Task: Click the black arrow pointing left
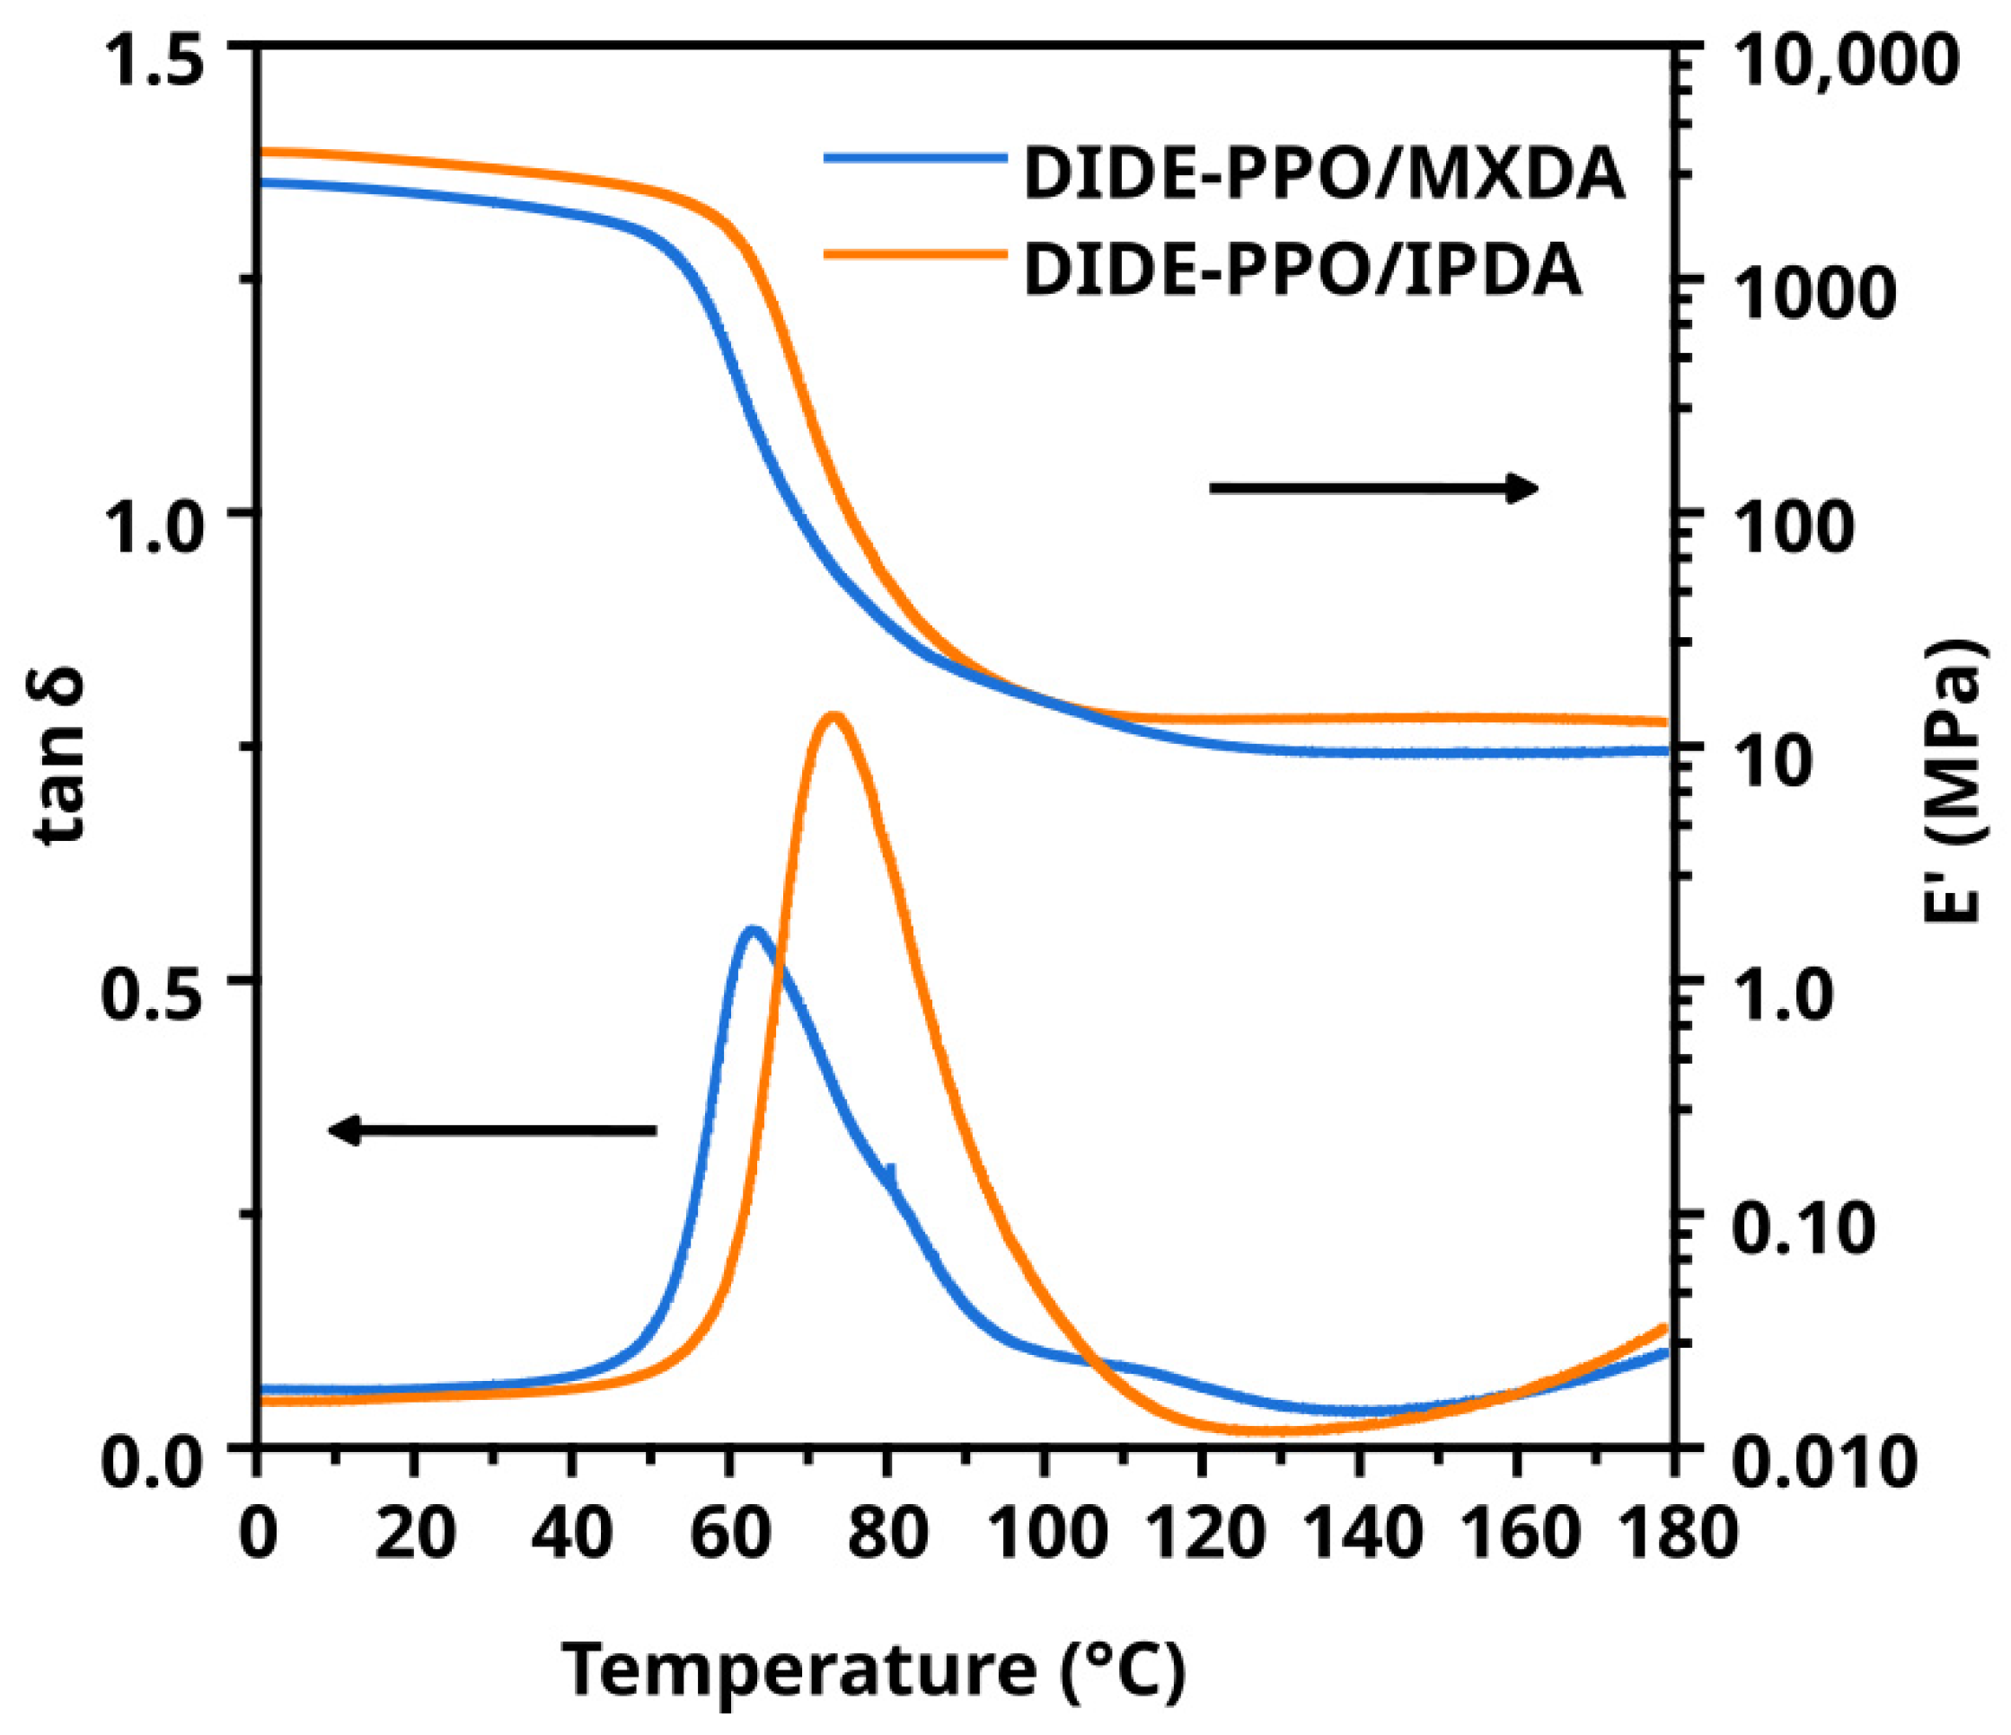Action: click(492, 1129)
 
